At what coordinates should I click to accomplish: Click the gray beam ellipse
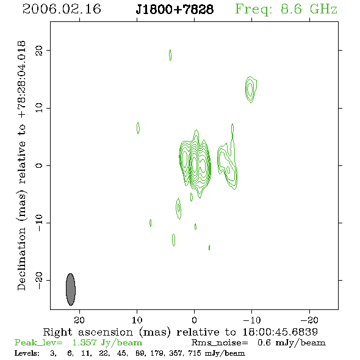click(71, 289)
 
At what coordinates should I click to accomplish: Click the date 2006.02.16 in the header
click(62, 9)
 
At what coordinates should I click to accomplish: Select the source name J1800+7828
click(175, 9)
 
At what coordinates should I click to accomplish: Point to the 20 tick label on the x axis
click(79, 320)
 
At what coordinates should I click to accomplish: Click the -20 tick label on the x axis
click(309, 320)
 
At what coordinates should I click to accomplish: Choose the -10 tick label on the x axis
click(252, 320)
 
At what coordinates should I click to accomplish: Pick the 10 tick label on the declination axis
click(39, 108)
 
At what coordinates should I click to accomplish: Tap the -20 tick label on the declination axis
click(39, 281)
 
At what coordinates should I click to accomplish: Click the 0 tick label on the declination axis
click(39, 165)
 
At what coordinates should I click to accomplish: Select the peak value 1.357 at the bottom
click(84, 342)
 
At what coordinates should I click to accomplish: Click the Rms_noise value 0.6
click(264, 342)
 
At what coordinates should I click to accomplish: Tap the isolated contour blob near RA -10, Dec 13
click(251, 89)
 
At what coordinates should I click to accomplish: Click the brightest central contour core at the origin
click(194, 164)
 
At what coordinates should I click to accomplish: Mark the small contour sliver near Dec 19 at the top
click(170, 55)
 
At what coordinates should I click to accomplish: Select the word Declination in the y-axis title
click(21, 259)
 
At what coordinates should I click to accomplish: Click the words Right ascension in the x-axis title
click(88, 332)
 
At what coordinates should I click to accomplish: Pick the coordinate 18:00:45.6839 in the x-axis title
click(280, 332)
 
